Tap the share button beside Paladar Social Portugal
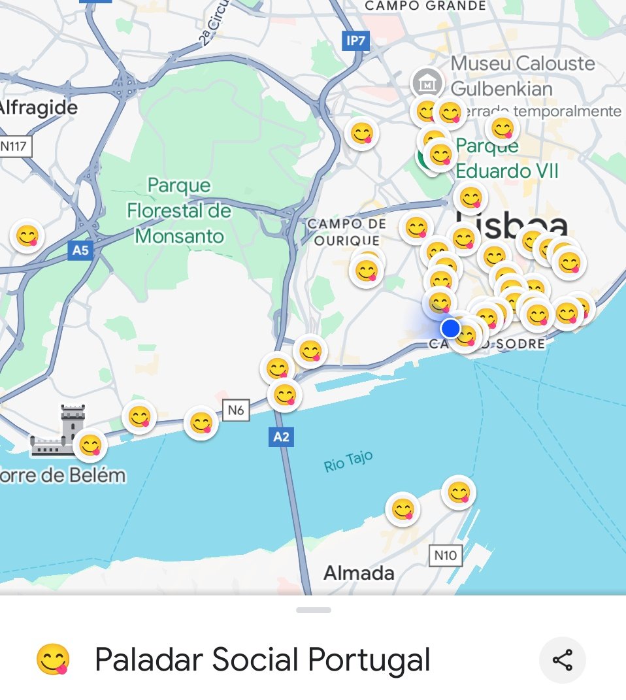point(562,660)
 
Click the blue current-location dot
point(450,328)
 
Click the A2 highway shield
point(281,437)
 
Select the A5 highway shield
point(80,250)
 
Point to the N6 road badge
point(236,410)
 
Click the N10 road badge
point(446,556)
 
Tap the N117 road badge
point(14,145)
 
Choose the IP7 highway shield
point(356,41)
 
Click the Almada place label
point(359,573)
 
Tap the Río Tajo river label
point(348,461)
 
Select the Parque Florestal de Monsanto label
point(179,210)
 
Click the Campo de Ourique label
point(346,232)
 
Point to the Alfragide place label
point(38,107)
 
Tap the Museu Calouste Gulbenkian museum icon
point(427,83)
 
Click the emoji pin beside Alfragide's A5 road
point(27,235)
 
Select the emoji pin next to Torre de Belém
point(90,445)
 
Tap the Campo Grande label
point(425,6)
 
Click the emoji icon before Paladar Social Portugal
point(52,660)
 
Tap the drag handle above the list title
point(313,610)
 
